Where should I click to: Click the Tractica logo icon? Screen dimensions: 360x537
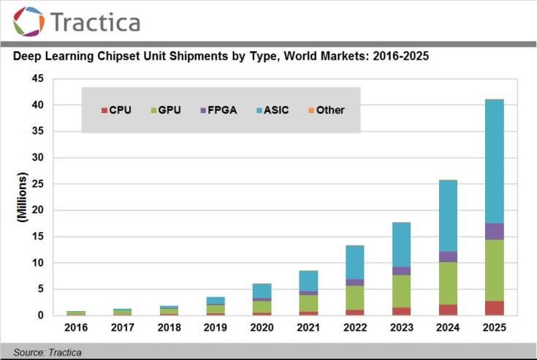(28, 21)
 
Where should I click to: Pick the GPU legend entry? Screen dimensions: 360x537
(166, 110)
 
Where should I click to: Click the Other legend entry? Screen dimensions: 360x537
(325, 110)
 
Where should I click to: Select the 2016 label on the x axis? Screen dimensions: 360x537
(76, 328)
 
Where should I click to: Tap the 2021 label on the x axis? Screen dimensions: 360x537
(308, 328)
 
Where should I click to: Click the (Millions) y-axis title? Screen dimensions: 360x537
(23, 197)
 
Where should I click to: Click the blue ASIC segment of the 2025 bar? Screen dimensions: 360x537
(495, 161)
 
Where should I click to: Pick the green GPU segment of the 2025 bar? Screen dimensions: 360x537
(495, 270)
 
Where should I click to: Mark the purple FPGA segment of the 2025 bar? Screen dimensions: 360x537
(495, 231)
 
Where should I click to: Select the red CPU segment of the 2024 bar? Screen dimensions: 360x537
(448, 310)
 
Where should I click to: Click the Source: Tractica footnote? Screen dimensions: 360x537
(47, 353)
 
